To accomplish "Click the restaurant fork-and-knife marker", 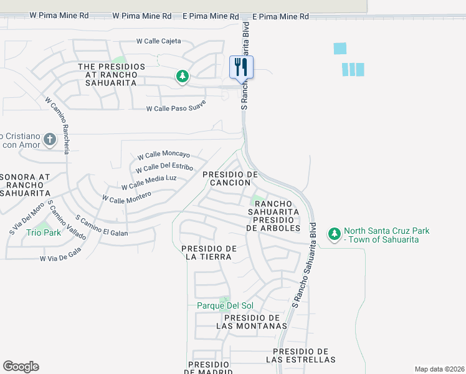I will click(x=242, y=67).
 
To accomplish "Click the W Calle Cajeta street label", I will click(x=159, y=41).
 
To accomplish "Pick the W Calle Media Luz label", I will click(x=149, y=182).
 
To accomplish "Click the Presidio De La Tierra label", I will click(x=209, y=252).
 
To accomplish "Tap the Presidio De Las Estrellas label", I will click(x=301, y=355).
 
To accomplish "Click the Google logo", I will click(x=21, y=367).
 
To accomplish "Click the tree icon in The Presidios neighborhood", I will click(x=182, y=77).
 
